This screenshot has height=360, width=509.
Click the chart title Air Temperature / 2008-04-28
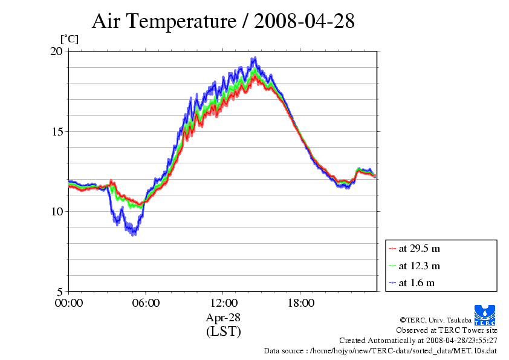click(x=223, y=22)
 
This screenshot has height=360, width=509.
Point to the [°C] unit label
click(x=69, y=39)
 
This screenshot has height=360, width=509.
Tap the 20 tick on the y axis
click(x=56, y=51)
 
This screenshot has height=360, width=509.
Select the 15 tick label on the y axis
click(x=56, y=131)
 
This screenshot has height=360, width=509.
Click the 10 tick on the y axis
click(x=56, y=211)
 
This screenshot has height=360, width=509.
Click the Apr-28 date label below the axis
click(x=224, y=318)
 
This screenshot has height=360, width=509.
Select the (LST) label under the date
click(x=224, y=332)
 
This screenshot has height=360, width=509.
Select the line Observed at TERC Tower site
click(x=447, y=330)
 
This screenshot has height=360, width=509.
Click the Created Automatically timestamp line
click(x=418, y=341)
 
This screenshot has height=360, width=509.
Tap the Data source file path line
click(x=380, y=351)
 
